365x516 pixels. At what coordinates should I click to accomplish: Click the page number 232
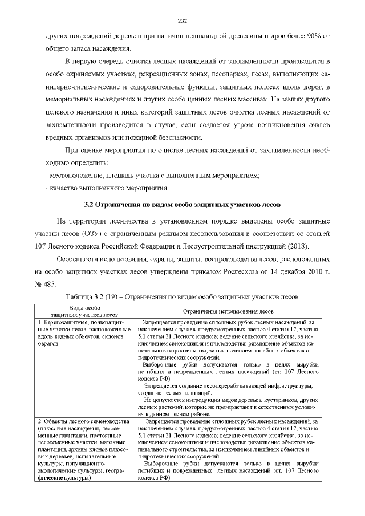(182, 22)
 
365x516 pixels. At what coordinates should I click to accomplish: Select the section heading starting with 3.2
(182, 204)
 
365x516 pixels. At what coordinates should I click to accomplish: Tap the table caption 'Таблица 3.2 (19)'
(182, 296)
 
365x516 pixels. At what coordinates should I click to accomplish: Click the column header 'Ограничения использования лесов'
(228, 311)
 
